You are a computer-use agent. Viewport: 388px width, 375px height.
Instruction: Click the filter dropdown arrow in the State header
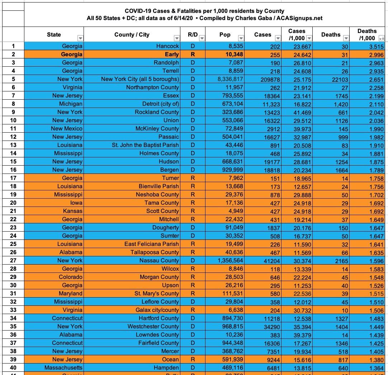click(x=80, y=38)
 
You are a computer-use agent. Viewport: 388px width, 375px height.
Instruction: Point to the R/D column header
click(x=193, y=35)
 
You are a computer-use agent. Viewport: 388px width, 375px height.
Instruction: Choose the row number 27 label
click(x=14, y=260)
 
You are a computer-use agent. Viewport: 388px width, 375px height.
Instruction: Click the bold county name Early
click(x=172, y=54)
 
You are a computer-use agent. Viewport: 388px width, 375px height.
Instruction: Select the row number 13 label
click(x=14, y=145)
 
